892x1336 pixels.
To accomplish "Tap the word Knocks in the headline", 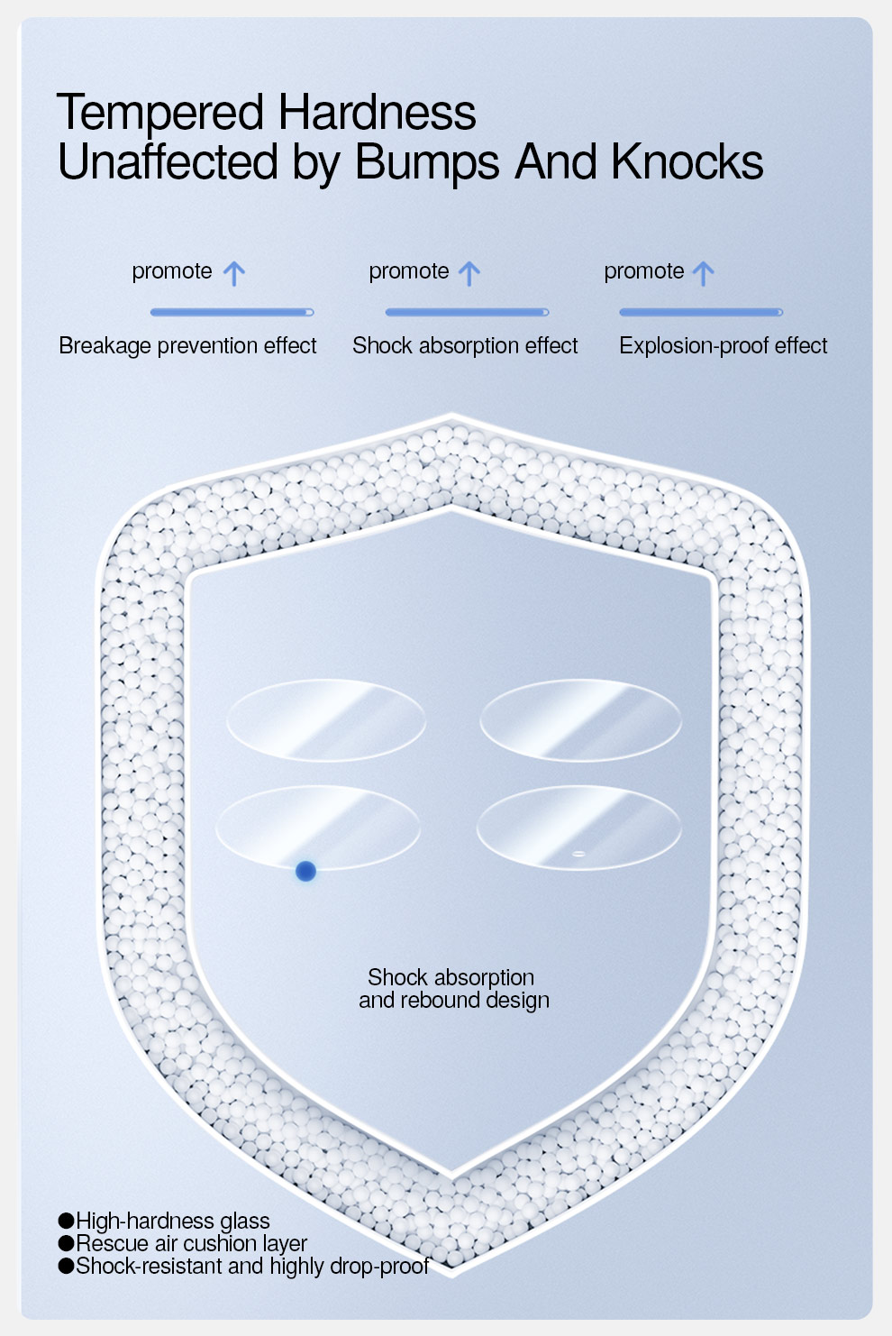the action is (x=687, y=161).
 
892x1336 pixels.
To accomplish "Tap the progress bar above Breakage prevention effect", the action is (x=232, y=312).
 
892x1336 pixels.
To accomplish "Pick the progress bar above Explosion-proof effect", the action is (x=701, y=312).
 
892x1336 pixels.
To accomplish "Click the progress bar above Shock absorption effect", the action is (x=468, y=312).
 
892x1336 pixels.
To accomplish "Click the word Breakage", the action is (x=105, y=346).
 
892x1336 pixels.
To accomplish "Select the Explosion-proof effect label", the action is (x=724, y=345).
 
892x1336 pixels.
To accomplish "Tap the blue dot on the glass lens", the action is (x=305, y=872).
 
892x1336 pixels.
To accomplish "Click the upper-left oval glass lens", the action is (x=326, y=720).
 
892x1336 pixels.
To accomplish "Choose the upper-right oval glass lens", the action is (x=581, y=720).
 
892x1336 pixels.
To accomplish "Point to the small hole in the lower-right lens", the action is (x=578, y=854).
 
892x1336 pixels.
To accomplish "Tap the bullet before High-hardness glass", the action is (x=66, y=1221).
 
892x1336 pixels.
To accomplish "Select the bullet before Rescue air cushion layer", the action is (x=66, y=1243).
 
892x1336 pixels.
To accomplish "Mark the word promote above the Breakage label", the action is (x=172, y=272).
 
